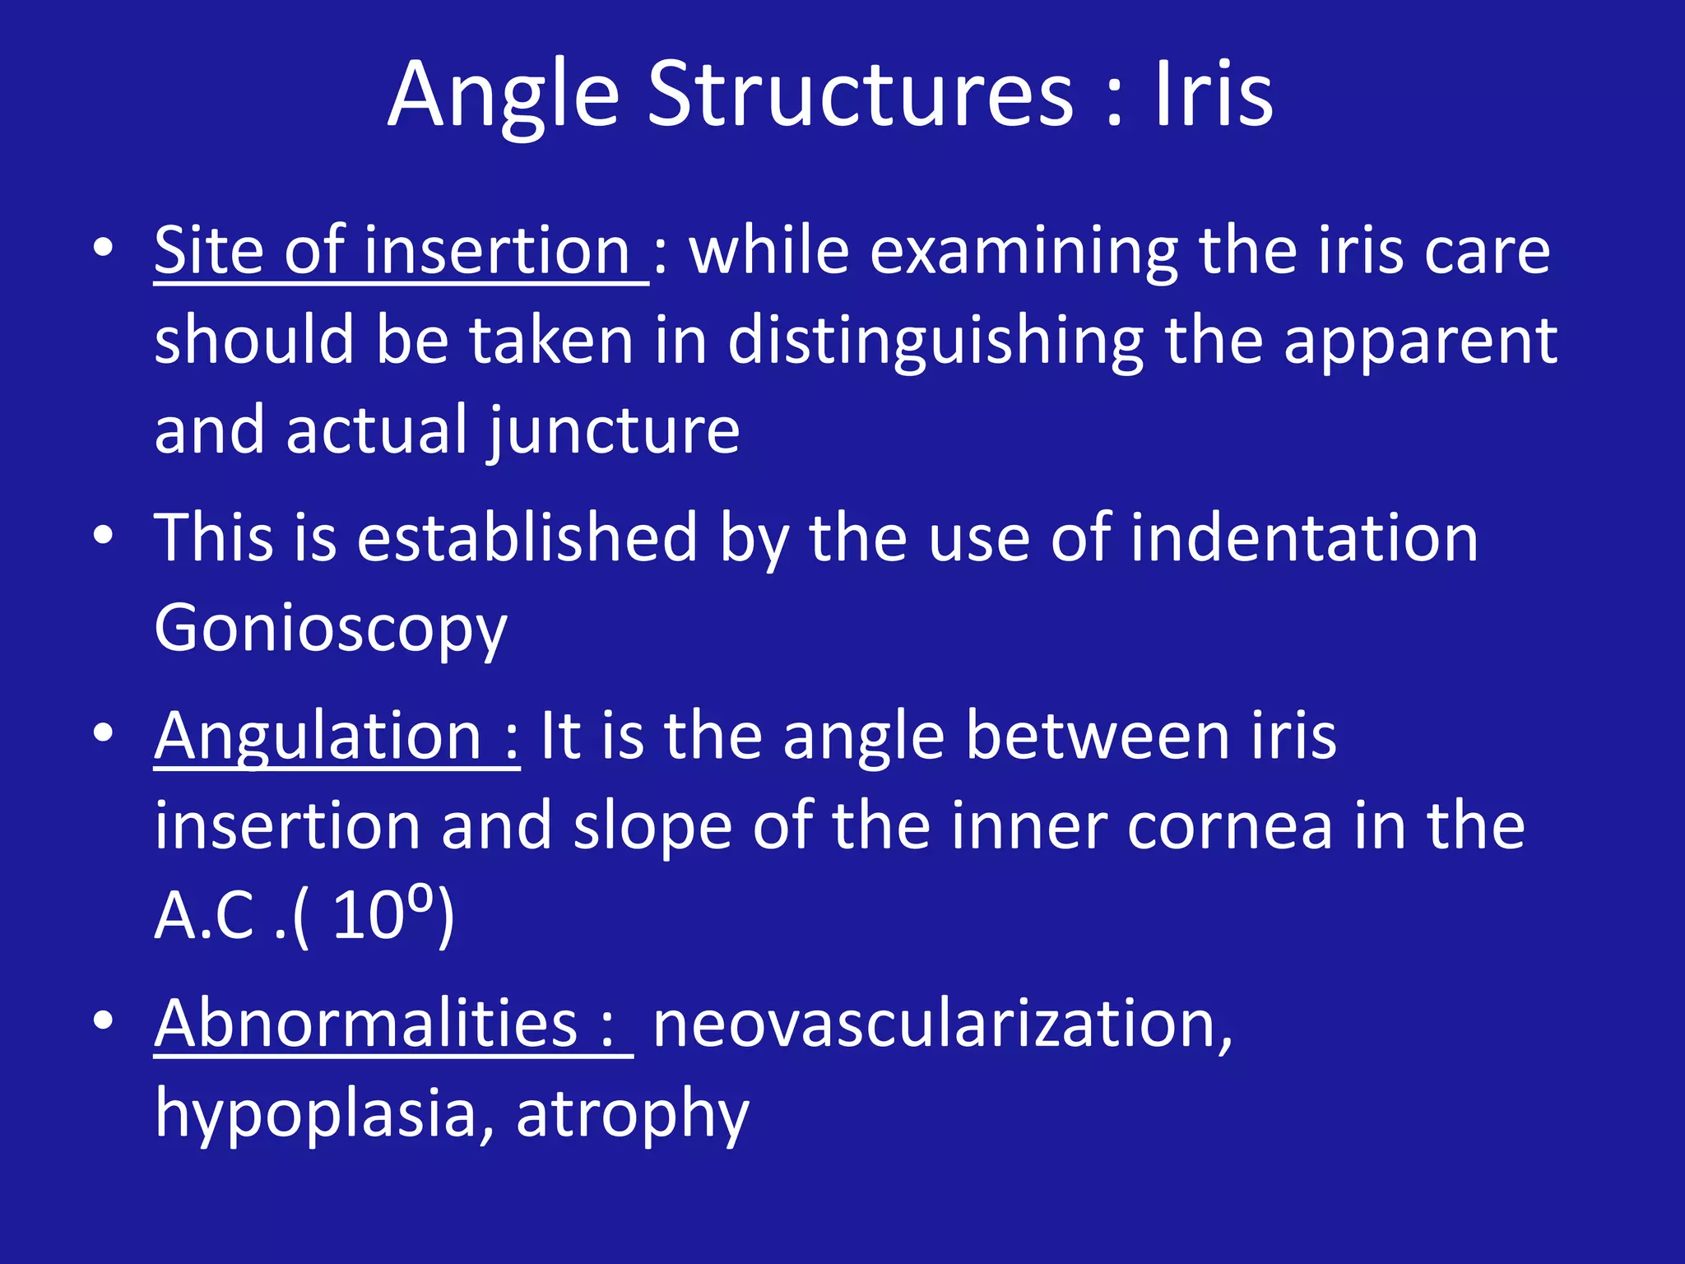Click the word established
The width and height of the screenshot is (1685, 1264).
(527, 538)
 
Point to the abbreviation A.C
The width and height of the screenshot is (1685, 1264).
(205, 916)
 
